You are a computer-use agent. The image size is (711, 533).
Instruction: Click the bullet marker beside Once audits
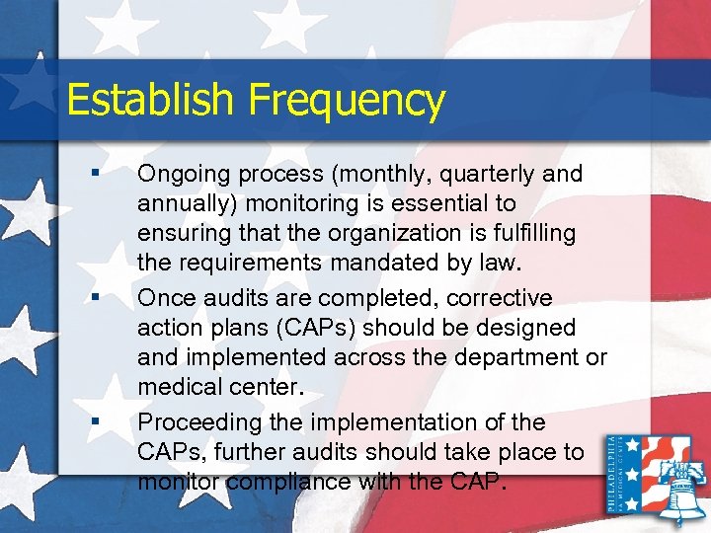93,295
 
